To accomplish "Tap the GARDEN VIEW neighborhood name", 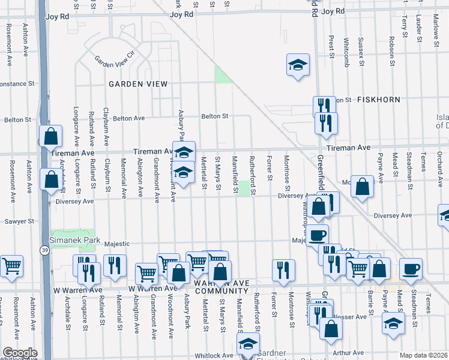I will click(x=138, y=84).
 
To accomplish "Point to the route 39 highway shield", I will click(x=44, y=250).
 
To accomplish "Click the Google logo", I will click(x=20, y=353).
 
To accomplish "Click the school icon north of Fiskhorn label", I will click(x=298, y=66).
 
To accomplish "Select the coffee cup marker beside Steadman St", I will click(x=411, y=269).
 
